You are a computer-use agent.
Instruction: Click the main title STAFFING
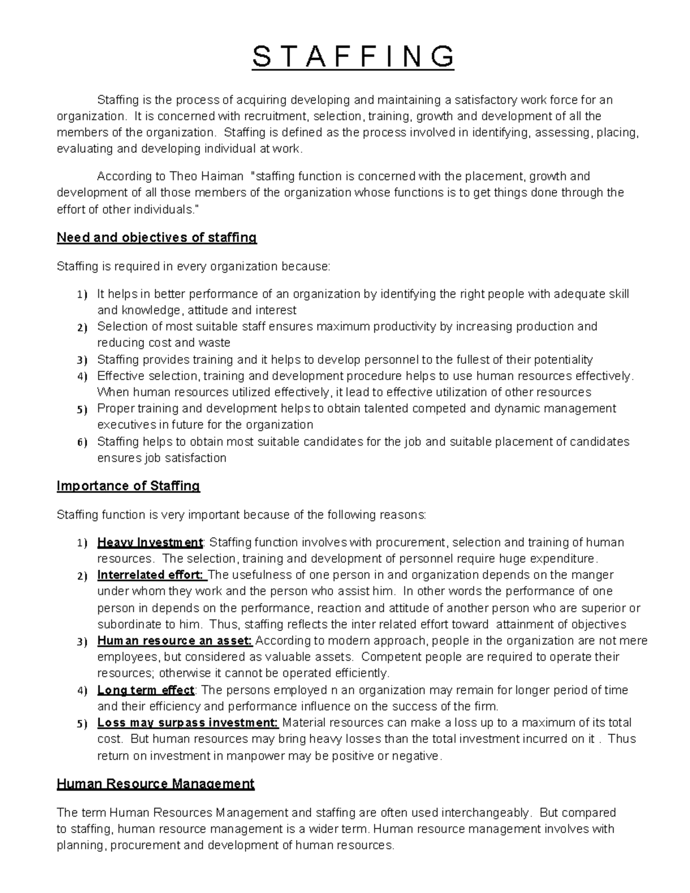pos(353,57)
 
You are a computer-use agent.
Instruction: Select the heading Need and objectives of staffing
pos(156,237)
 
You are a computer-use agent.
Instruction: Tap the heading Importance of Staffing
pos(128,486)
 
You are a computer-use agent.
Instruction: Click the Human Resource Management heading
pos(155,783)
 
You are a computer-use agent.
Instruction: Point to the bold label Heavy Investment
pos(150,542)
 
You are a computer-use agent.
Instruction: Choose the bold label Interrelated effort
pos(150,575)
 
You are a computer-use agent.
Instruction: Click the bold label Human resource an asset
pos(175,641)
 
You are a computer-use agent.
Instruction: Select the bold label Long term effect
pos(146,690)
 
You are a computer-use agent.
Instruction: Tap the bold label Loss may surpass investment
pos(187,723)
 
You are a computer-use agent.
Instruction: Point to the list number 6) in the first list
pos(82,442)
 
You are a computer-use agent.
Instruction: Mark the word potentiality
pos(563,360)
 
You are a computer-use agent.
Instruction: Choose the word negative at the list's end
pos(415,756)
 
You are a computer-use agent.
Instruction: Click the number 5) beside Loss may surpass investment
pos(82,723)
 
